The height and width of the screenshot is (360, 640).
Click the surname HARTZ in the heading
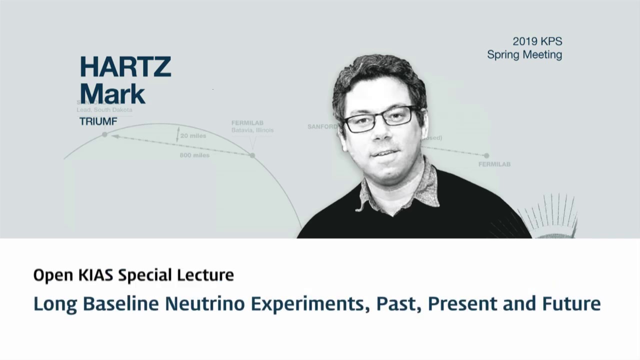[125, 67]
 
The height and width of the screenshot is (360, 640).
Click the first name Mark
[112, 94]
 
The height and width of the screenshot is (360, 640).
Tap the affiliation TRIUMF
[98, 121]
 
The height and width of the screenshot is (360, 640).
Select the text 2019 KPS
[537, 41]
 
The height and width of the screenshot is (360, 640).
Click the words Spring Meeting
[524, 55]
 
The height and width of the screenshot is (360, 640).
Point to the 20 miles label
[193, 136]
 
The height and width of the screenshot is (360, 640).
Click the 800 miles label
[194, 155]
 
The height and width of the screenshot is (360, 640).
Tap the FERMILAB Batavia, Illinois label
[252, 126]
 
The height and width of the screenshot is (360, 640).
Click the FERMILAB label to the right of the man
[494, 164]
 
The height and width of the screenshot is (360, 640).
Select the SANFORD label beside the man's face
[322, 127]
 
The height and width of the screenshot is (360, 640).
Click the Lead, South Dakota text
[104, 110]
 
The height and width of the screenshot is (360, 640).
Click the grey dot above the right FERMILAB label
[486, 155]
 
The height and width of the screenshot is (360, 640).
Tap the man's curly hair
[380, 75]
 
